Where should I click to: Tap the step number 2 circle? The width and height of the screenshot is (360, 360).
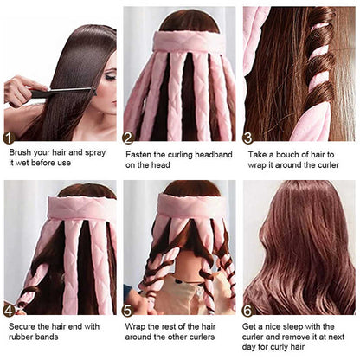click(x=128, y=137)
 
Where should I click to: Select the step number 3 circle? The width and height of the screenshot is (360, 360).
click(x=248, y=137)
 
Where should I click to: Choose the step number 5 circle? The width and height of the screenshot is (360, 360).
click(x=128, y=310)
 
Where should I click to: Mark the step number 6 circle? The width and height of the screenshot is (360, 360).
click(x=248, y=310)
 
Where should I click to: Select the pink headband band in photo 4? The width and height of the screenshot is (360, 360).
click(x=61, y=208)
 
